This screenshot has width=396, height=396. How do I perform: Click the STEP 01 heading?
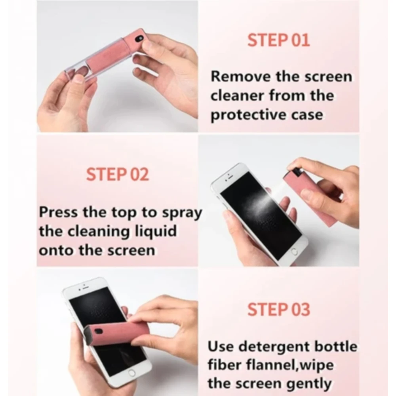click(278, 40)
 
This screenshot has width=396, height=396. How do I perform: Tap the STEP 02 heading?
click(117, 175)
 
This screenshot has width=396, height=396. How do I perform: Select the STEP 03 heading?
click(278, 309)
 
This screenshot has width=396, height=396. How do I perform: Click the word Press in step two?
click(59, 212)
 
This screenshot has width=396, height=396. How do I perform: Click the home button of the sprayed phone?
click(293, 251)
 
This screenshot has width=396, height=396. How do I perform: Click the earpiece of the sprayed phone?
click(230, 174)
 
